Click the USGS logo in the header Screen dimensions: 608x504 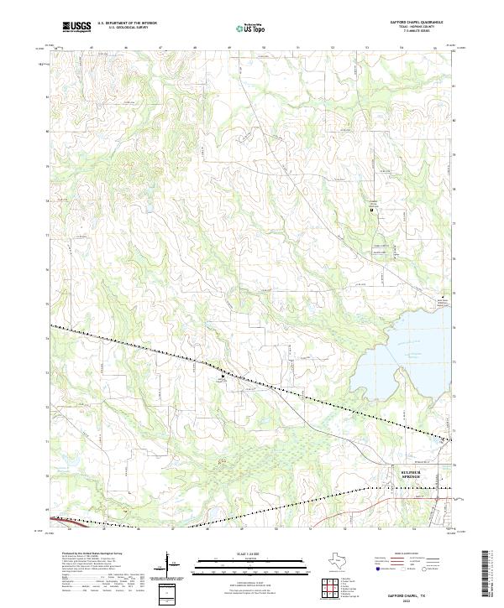[x=77, y=26]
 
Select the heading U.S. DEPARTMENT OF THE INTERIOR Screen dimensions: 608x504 [x=127, y=23]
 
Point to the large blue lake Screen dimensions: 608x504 [x=403, y=352]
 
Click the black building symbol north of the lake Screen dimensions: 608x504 [x=373, y=210]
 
